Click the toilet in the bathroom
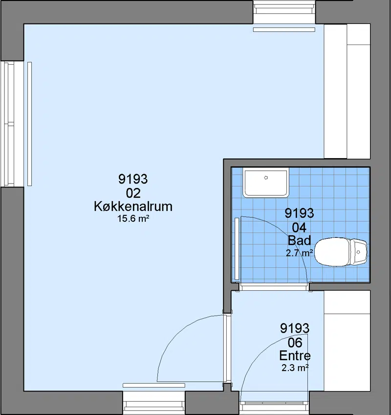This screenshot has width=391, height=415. click(341, 252)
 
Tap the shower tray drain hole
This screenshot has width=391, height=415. click(266, 178)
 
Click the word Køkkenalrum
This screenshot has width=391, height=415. click(133, 207)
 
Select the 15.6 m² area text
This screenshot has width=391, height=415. click(133, 219)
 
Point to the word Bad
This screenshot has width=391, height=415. click(299, 240)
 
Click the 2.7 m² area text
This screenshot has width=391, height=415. click(299, 253)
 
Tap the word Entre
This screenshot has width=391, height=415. click(295, 355)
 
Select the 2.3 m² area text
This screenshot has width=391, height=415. click(295, 368)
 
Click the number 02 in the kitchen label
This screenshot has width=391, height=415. click(133, 193)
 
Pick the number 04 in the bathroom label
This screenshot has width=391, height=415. click(299, 228)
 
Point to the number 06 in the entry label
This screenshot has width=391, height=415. click(295, 343)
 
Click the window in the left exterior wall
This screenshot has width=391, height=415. click(12, 124)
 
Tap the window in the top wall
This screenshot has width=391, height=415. click(284, 12)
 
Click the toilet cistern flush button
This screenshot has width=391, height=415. click(358, 252)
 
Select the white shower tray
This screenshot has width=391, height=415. click(266, 183)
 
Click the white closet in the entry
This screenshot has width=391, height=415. click(347, 341)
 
